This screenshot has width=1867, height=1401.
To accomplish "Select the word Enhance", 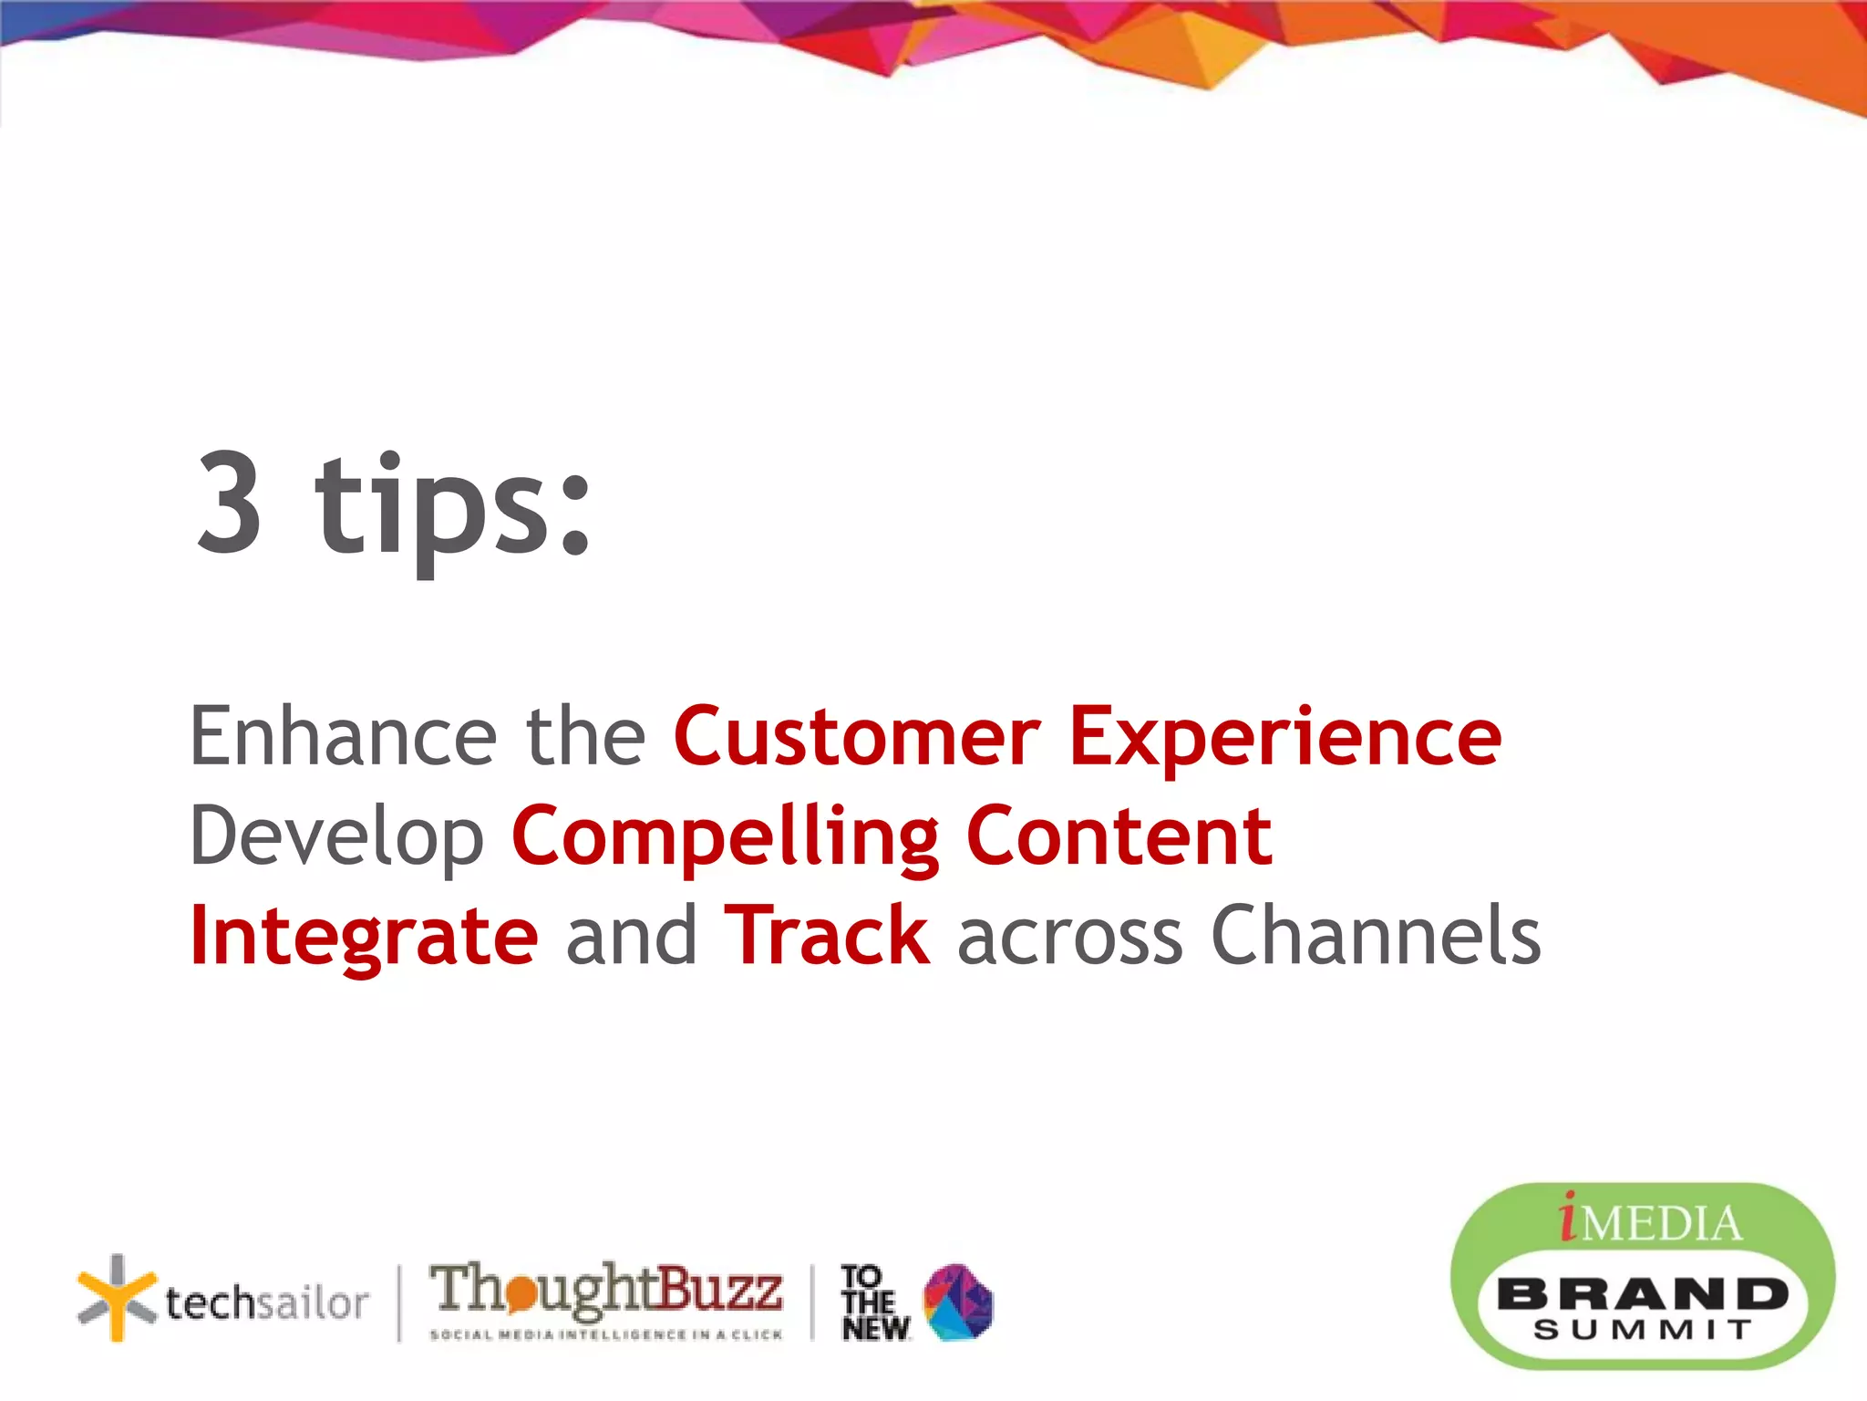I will tap(342, 737).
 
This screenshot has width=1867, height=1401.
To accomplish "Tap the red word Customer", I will tap(856, 737).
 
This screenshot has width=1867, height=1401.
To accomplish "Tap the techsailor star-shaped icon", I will tap(117, 1298).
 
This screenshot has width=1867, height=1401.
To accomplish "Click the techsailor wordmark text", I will tap(267, 1302).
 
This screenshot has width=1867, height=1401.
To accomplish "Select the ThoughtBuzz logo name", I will tap(606, 1288).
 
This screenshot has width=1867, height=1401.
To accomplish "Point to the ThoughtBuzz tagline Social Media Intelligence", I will tap(606, 1334).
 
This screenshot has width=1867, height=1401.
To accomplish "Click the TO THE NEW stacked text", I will tap(872, 1302).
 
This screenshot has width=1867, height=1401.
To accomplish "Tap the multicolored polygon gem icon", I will tap(958, 1302).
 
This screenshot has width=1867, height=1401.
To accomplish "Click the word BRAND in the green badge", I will tap(1642, 1294).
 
